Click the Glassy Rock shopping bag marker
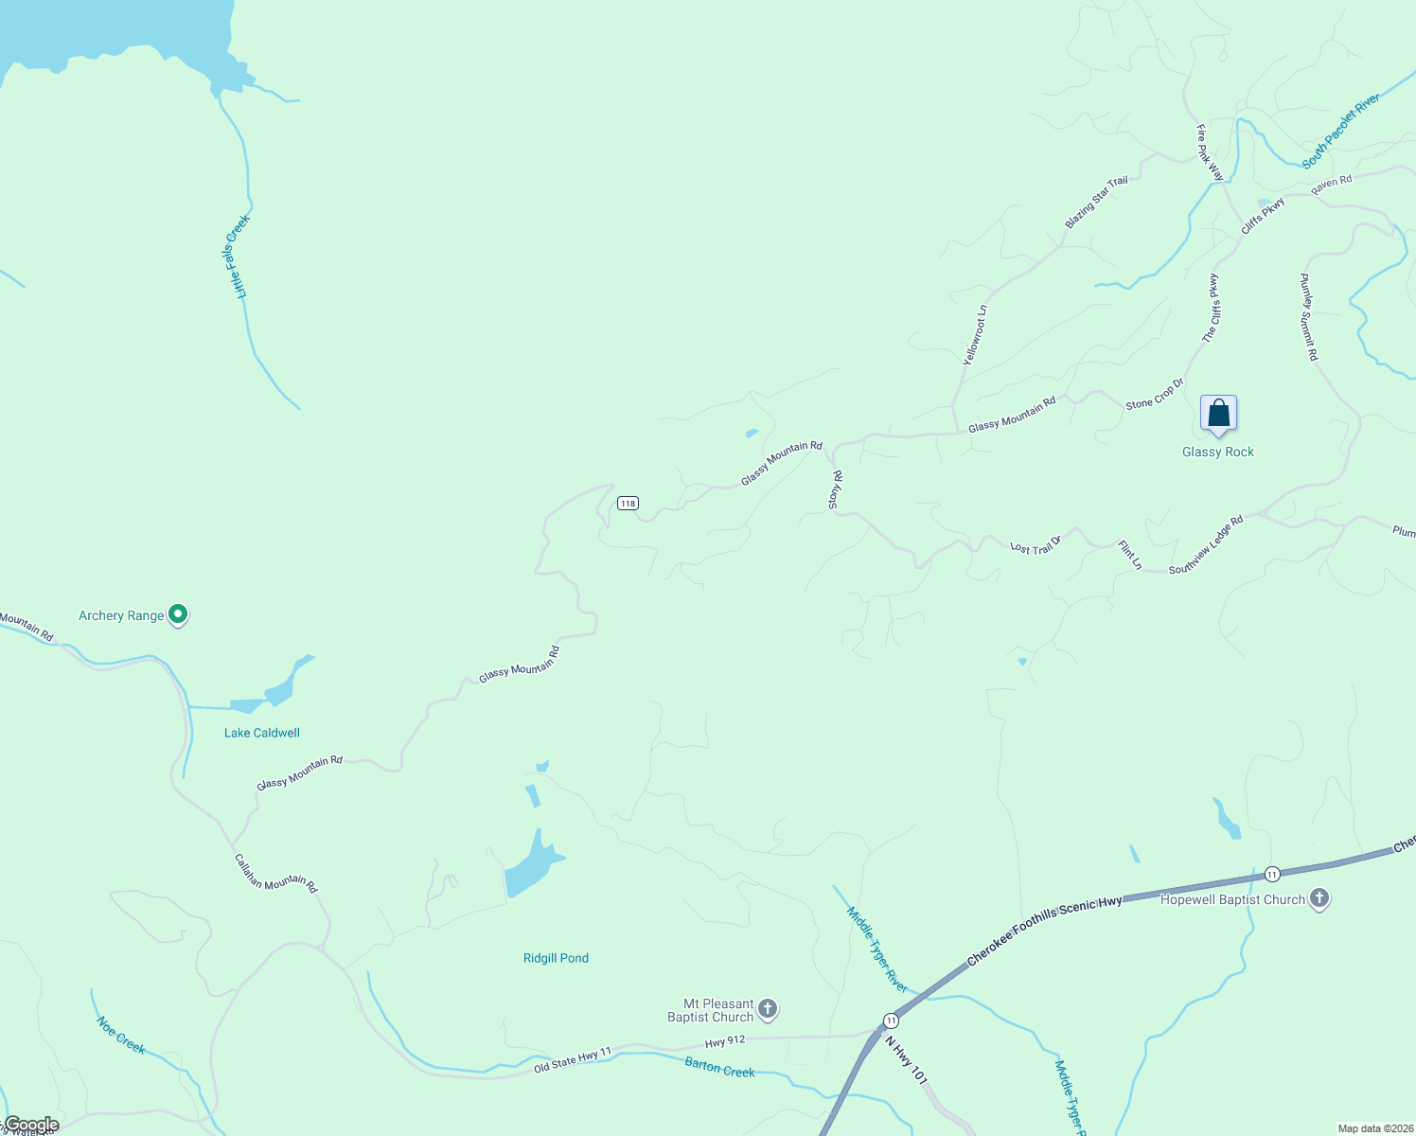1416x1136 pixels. (1218, 414)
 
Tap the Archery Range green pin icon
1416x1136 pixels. (177, 615)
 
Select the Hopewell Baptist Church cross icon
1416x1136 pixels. (1319, 899)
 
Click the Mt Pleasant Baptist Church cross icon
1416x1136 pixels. (768, 1009)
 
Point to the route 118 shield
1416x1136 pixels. (628, 503)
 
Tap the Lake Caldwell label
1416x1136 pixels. (262, 733)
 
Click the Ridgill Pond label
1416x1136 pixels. (556, 958)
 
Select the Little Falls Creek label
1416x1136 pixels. (237, 257)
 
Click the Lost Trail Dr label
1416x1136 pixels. (1035, 546)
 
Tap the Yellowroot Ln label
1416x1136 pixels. (975, 335)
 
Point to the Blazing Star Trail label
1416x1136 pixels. (1096, 203)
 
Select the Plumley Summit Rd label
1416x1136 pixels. (1308, 317)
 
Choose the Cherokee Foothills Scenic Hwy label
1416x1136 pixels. (1044, 932)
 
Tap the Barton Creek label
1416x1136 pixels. (719, 1068)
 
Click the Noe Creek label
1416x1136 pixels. (121, 1035)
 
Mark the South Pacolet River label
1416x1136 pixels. (1340, 133)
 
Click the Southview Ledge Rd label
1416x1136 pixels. (1206, 545)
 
